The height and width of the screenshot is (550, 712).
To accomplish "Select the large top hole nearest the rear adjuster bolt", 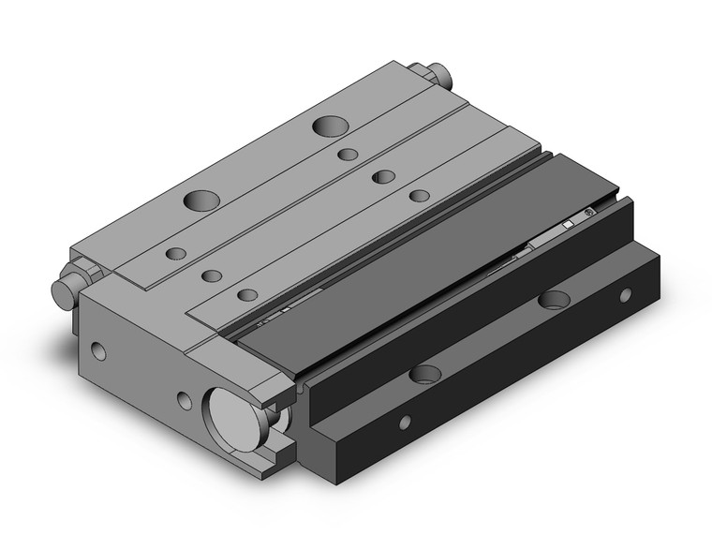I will point(329,124).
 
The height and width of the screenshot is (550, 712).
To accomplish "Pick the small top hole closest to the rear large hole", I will point(348,155).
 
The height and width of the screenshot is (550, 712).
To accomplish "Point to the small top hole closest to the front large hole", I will point(176,254).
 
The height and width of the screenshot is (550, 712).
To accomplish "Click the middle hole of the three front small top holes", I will point(212,275).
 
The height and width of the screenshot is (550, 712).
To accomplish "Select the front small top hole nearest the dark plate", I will point(247,294).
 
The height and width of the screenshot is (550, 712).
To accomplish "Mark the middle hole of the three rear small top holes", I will point(382,175).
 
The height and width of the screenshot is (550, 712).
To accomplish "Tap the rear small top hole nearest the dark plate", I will point(420,196).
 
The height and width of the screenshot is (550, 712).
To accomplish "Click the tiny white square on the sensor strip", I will point(568,226).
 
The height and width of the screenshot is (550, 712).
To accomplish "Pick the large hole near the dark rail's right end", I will point(554,301).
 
